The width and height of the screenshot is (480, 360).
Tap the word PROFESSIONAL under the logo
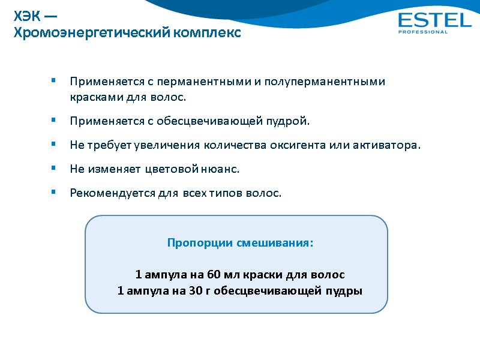pyautogui.click(x=422, y=32)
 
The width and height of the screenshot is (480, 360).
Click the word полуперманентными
pyautogui.click(x=325, y=81)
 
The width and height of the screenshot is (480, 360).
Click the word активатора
pyautogui.click(x=389, y=145)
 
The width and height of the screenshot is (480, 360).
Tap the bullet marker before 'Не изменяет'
pyautogui.click(x=53, y=169)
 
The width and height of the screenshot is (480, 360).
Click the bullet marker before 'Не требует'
pyautogui.click(x=53, y=145)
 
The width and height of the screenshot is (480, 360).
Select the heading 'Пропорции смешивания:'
pyautogui.click(x=239, y=244)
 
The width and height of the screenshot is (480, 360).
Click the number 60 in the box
pyautogui.click(x=214, y=275)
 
